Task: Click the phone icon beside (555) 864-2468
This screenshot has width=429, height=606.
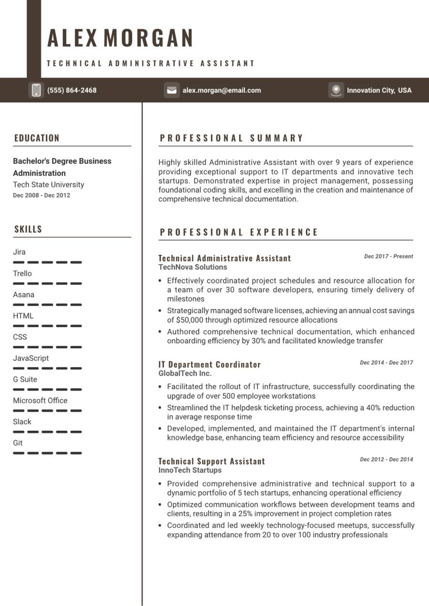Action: point(36,90)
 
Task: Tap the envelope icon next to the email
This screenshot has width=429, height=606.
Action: point(172,90)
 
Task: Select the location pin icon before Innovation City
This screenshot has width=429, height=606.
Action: point(336,90)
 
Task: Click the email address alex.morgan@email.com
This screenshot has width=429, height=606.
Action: point(222,90)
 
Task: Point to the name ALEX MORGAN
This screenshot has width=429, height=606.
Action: point(120,38)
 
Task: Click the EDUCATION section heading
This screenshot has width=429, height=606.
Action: point(37,138)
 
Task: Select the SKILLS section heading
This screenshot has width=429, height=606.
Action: point(28,229)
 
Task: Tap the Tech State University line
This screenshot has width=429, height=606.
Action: point(48,185)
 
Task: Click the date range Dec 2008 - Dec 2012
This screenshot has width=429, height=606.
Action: point(41,195)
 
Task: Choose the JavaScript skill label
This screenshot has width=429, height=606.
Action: point(31,358)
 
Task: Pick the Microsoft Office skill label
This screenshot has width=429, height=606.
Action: point(40,400)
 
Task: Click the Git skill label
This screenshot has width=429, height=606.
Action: point(18,443)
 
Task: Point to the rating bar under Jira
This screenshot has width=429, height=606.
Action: point(47,262)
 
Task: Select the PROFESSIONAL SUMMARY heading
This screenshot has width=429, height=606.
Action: point(232,138)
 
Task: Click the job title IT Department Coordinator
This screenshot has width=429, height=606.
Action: point(210,365)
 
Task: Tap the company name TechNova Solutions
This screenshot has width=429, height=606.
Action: point(193,267)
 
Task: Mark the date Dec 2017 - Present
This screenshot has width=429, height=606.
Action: point(388,256)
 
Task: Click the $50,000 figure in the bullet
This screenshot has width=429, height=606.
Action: point(190,320)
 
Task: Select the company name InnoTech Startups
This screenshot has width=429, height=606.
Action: point(190,470)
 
